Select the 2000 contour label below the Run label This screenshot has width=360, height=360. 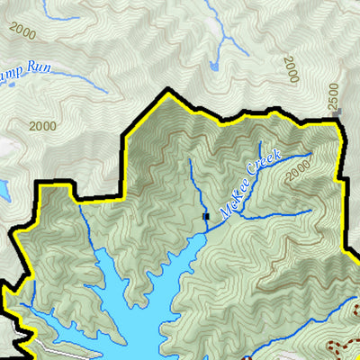point(42,126)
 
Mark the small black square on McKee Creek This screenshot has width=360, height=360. point(206,216)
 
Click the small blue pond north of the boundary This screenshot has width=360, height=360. point(213,66)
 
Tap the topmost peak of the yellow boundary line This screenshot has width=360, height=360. point(167,92)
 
